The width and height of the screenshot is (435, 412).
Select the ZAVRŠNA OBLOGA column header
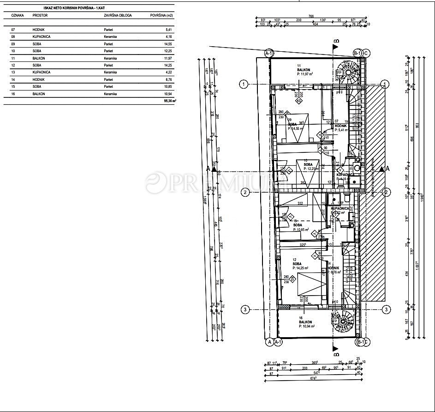[118, 15]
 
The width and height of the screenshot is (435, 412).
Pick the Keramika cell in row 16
[110, 94]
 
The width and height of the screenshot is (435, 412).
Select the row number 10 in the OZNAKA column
[13, 51]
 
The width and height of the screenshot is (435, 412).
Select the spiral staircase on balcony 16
[343, 320]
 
